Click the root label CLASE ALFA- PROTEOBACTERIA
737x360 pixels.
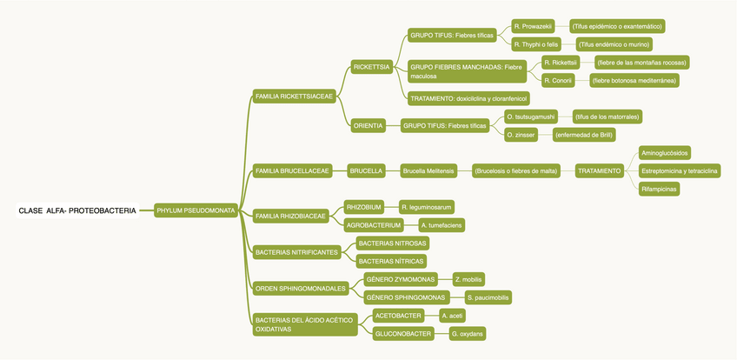click(x=77, y=210)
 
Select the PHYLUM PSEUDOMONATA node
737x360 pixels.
click(x=196, y=210)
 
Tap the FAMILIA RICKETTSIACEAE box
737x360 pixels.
click(x=295, y=97)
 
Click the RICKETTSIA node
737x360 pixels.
click(x=371, y=67)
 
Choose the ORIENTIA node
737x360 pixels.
click(x=368, y=126)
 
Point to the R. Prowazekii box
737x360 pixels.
click(x=533, y=26)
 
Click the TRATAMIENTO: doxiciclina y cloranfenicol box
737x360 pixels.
click(x=468, y=98)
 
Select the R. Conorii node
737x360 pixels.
click(x=557, y=80)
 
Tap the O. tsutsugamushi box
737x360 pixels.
click(x=530, y=116)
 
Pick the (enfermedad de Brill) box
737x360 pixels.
click(x=583, y=135)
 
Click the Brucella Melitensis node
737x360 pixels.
click(x=428, y=171)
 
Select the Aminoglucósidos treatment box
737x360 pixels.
click(x=665, y=152)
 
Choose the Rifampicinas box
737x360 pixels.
click(x=660, y=188)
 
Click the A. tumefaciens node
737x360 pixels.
click(x=441, y=225)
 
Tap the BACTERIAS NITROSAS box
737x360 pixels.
click(x=392, y=243)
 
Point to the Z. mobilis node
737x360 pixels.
click(x=468, y=279)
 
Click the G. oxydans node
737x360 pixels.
click(x=468, y=334)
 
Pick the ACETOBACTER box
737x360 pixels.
click(x=398, y=316)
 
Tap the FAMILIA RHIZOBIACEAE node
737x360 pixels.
click(x=290, y=216)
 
